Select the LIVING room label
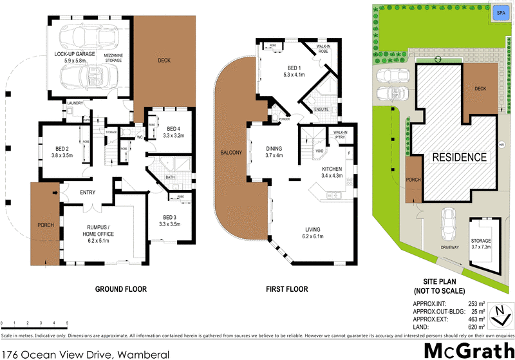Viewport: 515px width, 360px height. click(314, 233)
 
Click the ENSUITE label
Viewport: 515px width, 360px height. click(321, 109)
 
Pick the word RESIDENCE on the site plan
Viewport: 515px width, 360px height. click(458, 157)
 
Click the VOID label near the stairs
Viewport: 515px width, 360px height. click(318, 152)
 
